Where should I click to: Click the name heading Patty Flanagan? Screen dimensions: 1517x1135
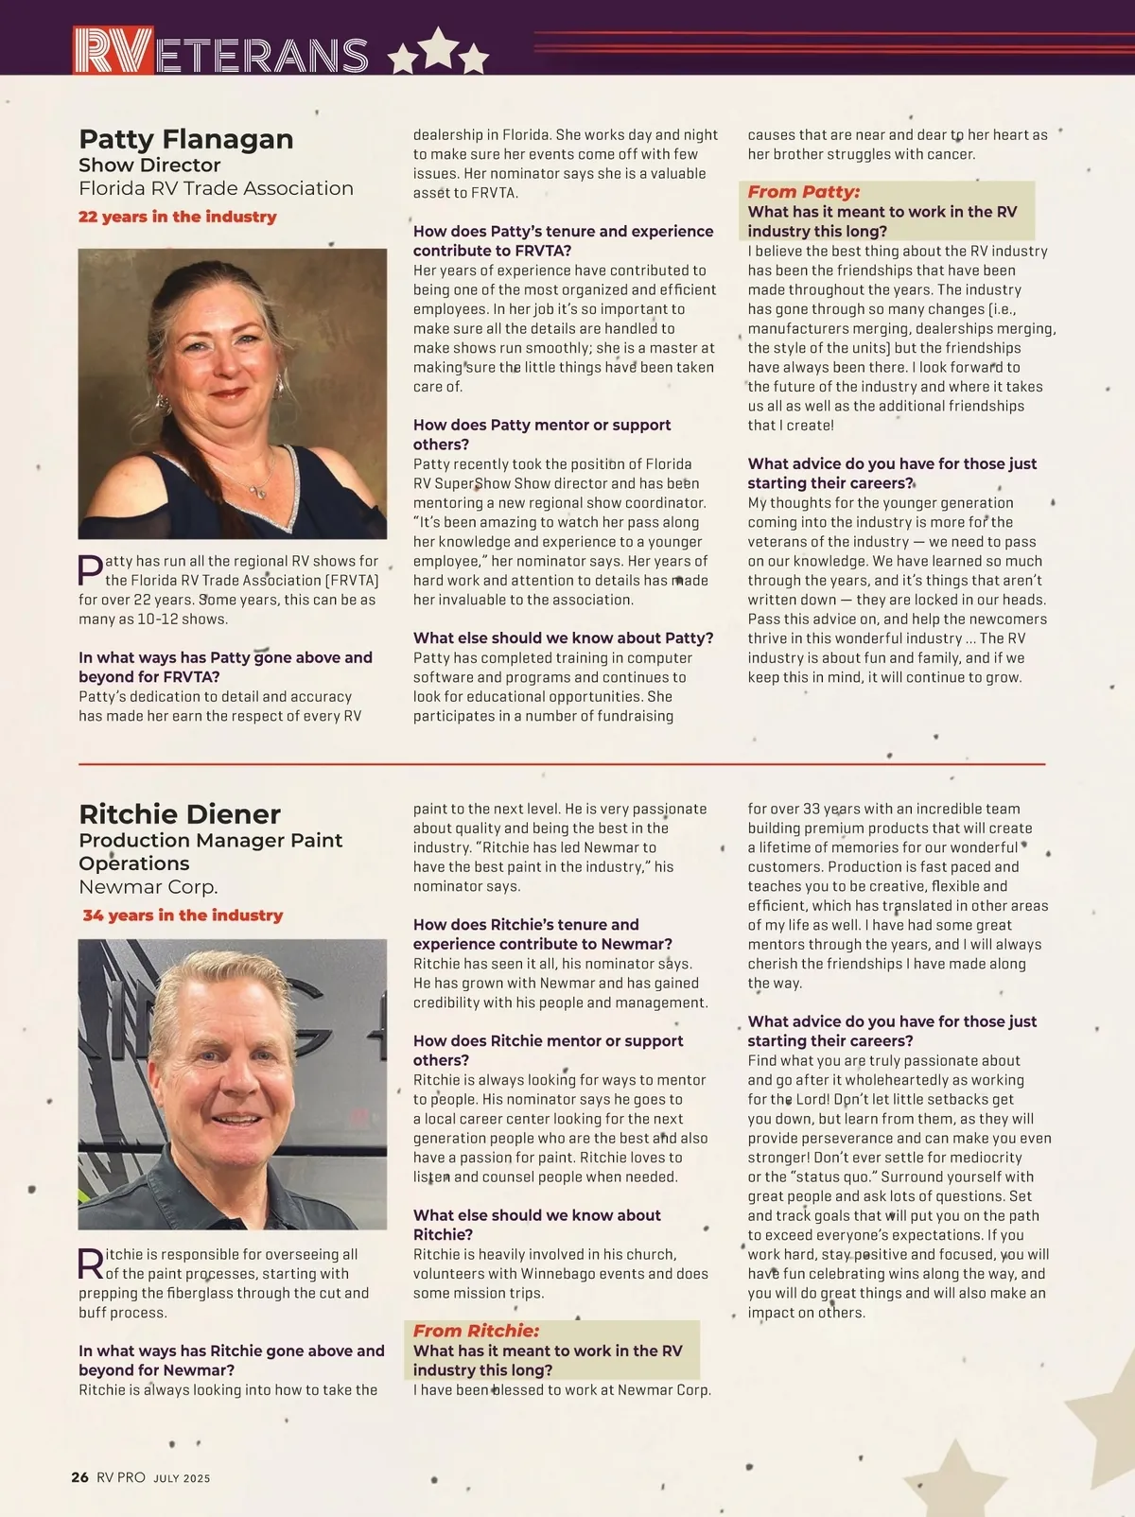pos(185,139)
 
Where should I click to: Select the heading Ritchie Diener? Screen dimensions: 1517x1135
pos(180,814)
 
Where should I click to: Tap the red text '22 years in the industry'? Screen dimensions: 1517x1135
pos(178,217)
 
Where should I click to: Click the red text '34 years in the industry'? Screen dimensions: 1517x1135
pos(183,915)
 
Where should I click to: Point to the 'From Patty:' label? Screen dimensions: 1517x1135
pos(803,192)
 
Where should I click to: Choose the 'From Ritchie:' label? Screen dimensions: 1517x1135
pos(476,1331)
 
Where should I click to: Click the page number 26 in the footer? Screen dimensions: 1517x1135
pos(80,1477)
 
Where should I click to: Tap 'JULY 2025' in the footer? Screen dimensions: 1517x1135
pos(182,1478)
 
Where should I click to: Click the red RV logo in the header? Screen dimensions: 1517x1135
pos(113,51)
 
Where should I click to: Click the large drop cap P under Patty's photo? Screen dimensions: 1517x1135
pos(90,570)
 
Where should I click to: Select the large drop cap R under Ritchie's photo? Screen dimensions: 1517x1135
pos(90,1264)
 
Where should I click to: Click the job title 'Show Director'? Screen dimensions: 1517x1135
pos(149,166)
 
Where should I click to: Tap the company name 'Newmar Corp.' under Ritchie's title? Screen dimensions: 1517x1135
pos(148,887)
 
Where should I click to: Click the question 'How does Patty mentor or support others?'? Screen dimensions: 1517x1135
pos(541,435)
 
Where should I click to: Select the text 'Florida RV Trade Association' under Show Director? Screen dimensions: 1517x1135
pos(216,188)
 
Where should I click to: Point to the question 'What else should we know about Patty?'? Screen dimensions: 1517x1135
pos(563,638)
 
